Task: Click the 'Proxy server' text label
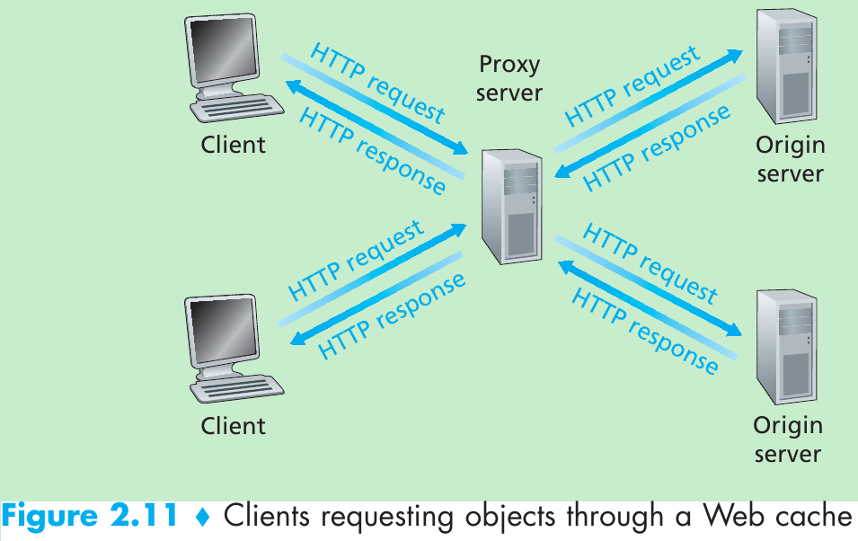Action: [x=509, y=78]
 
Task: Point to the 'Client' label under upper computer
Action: [x=233, y=145]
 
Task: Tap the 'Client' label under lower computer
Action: [x=233, y=425]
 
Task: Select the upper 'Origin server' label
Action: [x=790, y=159]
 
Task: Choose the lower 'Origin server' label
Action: [x=788, y=439]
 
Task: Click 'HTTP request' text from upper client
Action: [x=377, y=81]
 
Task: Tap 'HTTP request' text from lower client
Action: [x=356, y=262]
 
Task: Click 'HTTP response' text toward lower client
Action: [x=393, y=315]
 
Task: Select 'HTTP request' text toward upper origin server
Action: [x=632, y=87]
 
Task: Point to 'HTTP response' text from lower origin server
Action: [x=645, y=331]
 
